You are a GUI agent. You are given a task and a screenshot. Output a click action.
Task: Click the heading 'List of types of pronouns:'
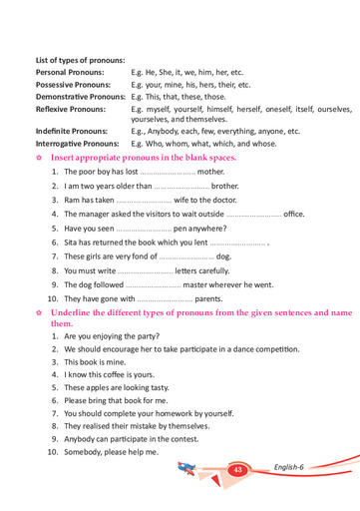tap(80, 61)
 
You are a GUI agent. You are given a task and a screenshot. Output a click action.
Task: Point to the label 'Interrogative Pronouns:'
tap(78, 144)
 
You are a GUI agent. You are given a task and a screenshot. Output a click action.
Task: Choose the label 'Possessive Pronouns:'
tap(76, 85)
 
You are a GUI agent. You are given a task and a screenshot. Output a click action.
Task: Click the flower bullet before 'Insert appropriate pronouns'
tap(38, 158)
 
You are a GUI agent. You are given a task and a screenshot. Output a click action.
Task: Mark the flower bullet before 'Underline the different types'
tap(38, 312)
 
